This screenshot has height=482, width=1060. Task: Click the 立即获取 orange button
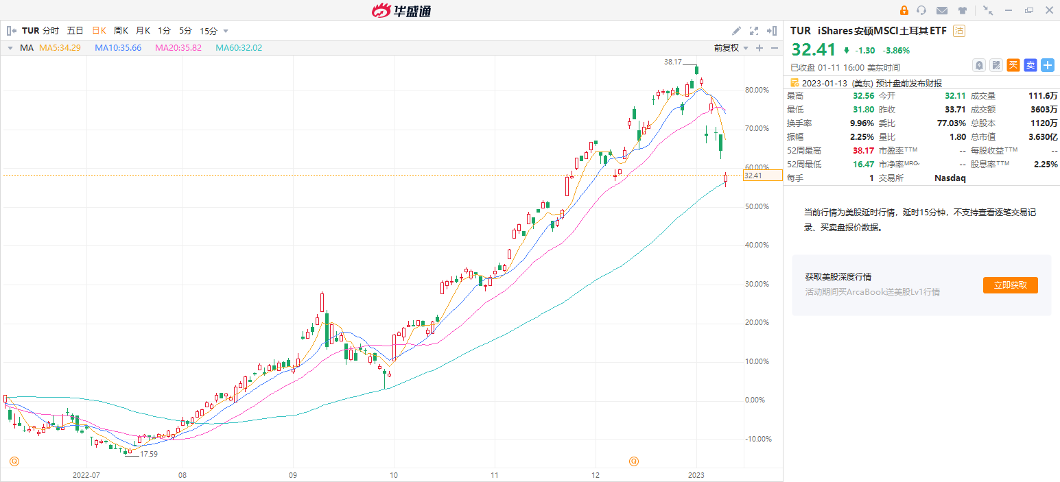1010,285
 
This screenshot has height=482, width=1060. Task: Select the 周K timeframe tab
121,31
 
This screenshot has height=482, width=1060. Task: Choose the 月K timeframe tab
143,31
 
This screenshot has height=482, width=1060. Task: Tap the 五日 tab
75,31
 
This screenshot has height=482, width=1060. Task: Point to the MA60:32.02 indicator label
239,48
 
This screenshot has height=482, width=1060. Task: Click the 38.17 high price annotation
672,62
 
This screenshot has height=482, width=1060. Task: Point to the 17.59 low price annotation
149,454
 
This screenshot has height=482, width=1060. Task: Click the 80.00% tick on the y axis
757,90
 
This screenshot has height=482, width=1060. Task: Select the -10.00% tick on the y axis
758,439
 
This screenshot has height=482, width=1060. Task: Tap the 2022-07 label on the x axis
86,474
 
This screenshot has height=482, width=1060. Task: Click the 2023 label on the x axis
696,474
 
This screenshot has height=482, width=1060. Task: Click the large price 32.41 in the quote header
814,50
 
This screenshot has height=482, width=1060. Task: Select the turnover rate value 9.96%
861,123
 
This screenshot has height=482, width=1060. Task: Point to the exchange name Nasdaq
950,178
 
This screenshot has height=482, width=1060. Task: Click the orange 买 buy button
1013,65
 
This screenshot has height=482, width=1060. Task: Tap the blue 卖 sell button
1030,65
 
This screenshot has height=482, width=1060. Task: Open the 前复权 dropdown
729,48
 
